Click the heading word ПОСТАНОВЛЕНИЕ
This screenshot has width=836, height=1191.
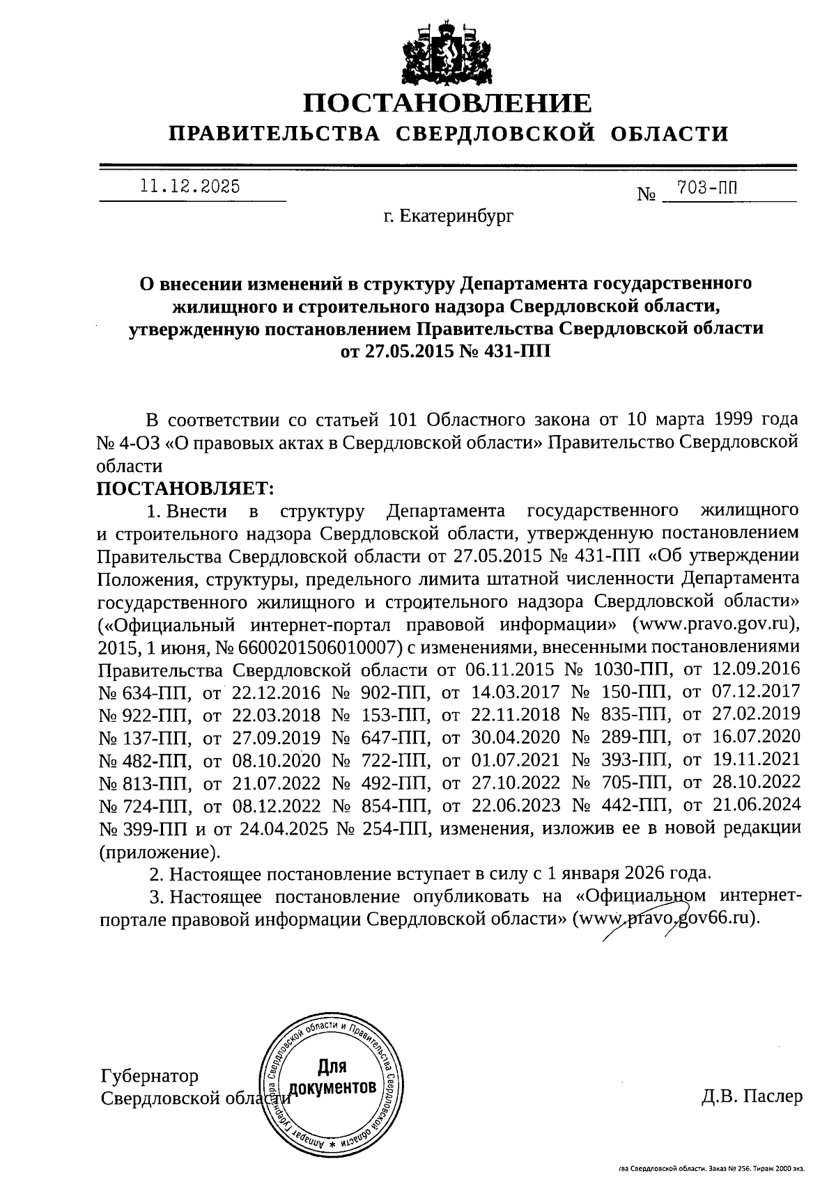point(447,103)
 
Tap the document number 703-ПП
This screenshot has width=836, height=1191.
point(704,188)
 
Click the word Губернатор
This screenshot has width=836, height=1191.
point(150,1076)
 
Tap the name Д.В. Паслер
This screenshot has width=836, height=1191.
point(752,1097)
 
